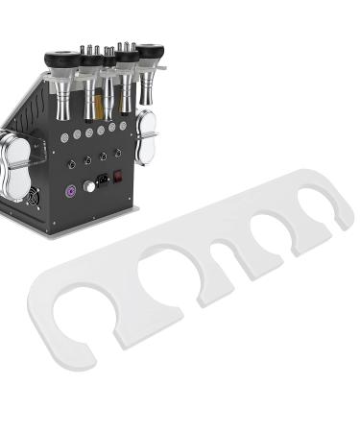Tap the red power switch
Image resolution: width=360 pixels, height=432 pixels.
tap(119, 177)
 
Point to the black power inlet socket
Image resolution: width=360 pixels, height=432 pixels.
tap(102, 180)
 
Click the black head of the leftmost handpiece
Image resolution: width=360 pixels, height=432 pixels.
tap(61, 60)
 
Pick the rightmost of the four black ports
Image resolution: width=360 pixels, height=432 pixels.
tap(118, 152)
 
